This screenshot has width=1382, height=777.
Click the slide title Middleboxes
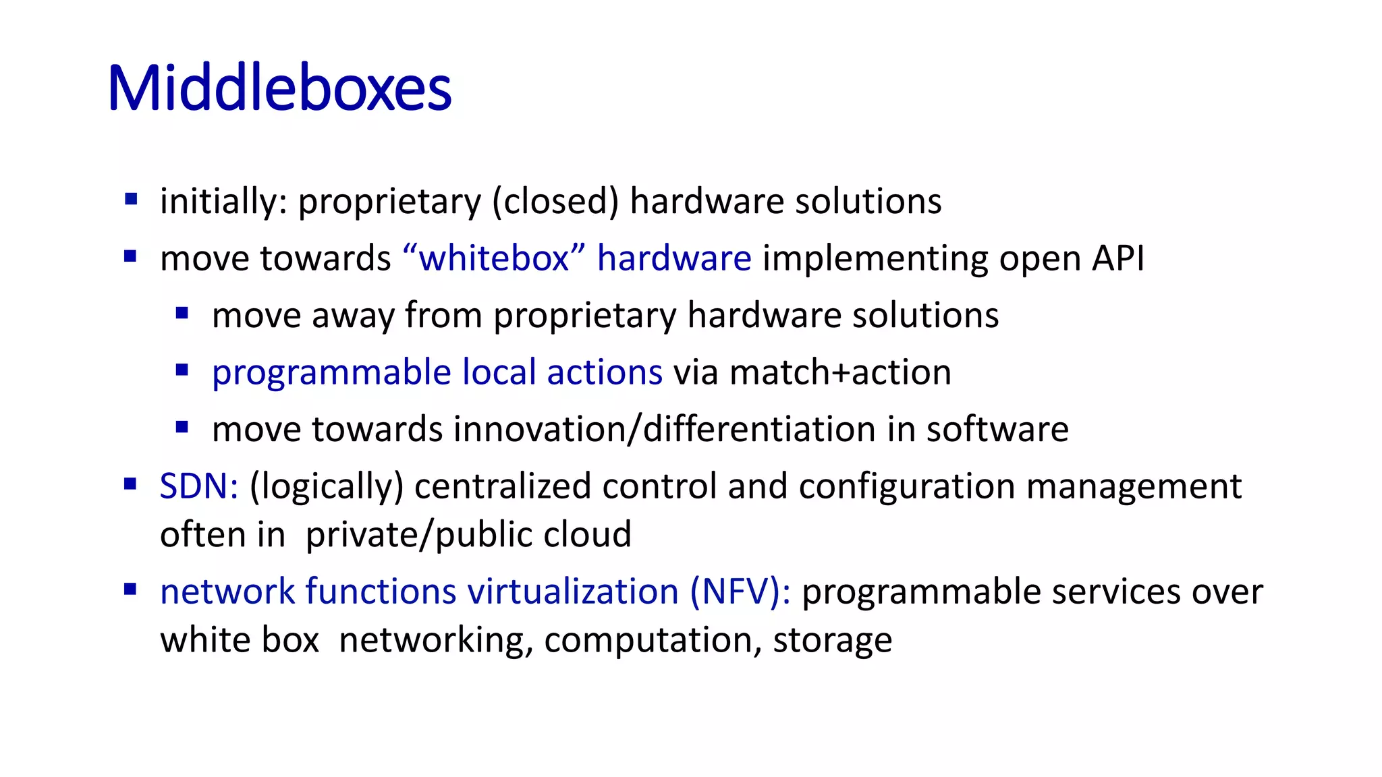coord(279,88)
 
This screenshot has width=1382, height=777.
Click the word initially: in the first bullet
coord(223,201)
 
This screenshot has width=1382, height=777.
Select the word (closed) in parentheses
coord(555,201)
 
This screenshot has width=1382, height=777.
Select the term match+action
coord(840,373)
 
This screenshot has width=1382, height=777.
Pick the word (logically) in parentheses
coord(326,487)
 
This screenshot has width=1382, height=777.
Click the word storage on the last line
coord(832,640)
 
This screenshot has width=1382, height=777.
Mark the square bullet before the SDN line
coord(131,484)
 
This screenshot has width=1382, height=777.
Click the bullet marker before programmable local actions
coord(182,370)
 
